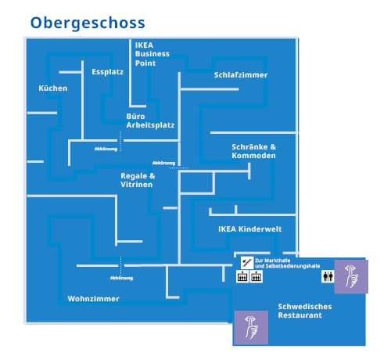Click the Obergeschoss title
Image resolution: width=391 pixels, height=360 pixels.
pyautogui.click(x=88, y=23)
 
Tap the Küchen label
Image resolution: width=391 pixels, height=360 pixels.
pyautogui.click(x=53, y=88)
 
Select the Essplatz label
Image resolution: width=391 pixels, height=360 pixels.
pyautogui.click(x=107, y=72)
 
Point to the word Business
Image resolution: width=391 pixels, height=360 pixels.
pyautogui.click(x=152, y=54)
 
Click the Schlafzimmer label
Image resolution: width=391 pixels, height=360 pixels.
pyautogui.click(x=241, y=75)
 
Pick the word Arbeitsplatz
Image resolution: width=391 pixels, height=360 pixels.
pyautogui.click(x=150, y=125)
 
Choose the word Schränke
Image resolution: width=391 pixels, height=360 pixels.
pyautogui.click(x=249, y=147)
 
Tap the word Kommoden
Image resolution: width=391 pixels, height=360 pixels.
pyautogui.click(x=253, y=156)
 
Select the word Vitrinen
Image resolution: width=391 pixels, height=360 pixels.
pyautogui.click(x=137, y=185)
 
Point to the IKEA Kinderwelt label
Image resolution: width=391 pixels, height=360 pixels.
pyautogui.click(x=249, y=229)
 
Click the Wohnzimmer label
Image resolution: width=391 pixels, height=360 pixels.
pyautogui.click(x=93, y=299)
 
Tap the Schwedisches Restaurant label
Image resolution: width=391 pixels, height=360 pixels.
pyautogui.click(x=305, y=311)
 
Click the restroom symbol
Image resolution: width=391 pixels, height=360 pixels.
pyautogui.click(x=328, y=276)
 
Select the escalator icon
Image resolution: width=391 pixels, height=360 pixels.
pyautogui.click(x=247, y=263)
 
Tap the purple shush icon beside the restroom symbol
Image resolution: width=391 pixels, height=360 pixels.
pyautogui.click(x=351, y=276)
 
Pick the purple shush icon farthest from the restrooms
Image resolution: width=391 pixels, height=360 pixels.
pyautogui.click(x=251, y=328)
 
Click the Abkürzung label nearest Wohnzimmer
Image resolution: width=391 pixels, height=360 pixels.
pyautogui.click(x=121, y=278)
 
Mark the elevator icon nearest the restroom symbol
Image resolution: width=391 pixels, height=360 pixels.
pyautogui.click(x=256, y=276)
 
